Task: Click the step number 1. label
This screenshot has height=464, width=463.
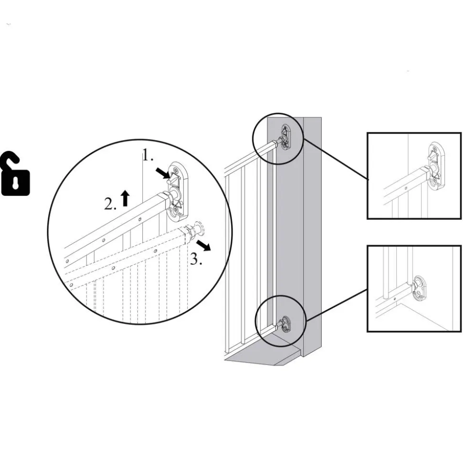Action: [148, 155]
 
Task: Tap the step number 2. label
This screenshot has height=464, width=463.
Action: [110, 204]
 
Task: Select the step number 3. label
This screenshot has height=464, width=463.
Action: [196, 259]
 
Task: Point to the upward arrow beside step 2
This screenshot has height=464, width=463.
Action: [125, 198]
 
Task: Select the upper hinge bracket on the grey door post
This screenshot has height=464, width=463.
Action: [286, 137]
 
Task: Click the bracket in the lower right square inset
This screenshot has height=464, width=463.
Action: [420, 288]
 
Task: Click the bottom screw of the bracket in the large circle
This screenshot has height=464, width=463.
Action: [177, 209]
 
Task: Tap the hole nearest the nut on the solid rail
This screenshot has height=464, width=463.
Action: [140, 219]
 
